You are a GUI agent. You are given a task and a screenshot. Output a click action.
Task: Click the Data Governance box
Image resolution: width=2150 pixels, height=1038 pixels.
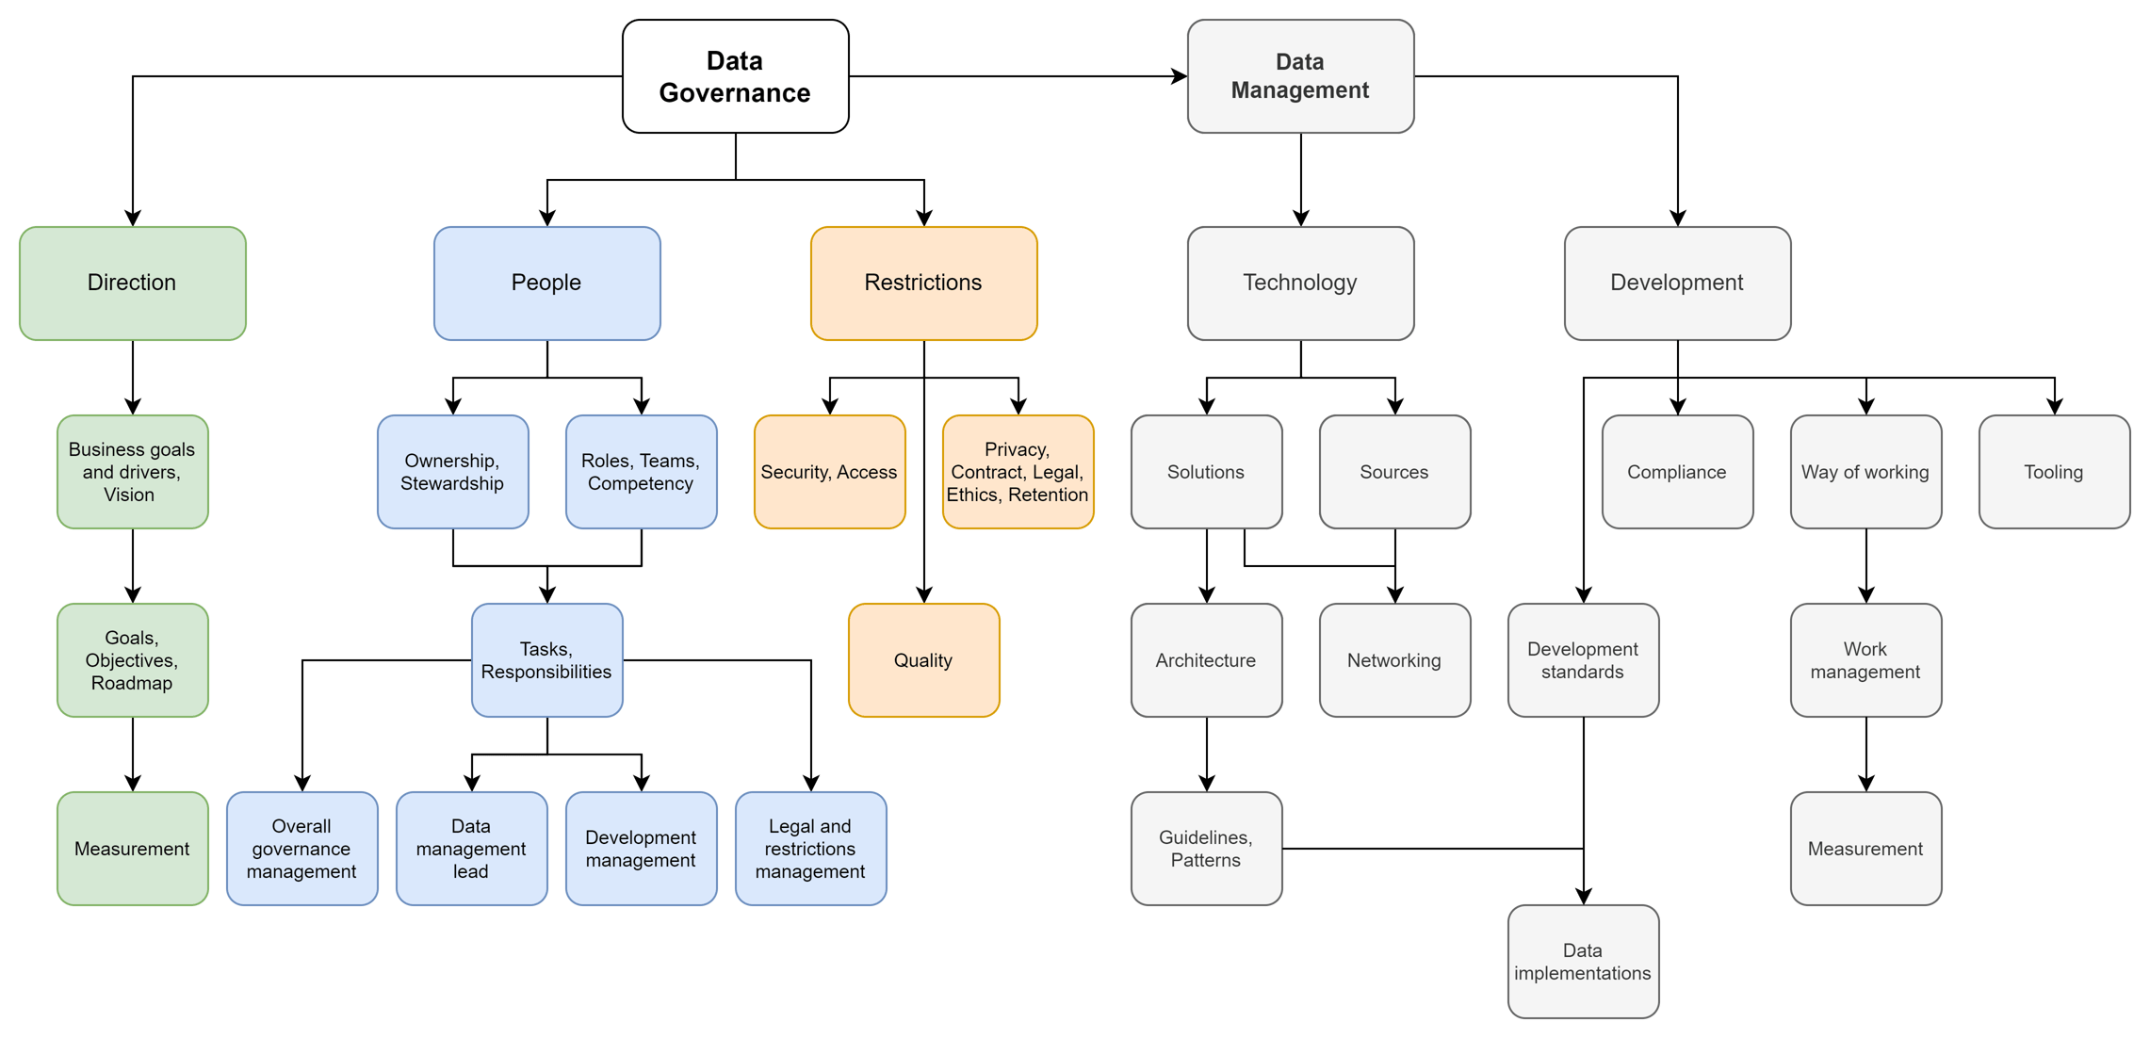click(735, 76)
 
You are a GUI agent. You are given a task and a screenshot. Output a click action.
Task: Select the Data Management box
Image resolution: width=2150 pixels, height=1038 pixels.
click(1300, 76)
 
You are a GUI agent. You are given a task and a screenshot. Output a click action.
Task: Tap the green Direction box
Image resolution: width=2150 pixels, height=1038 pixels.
click(132, 283)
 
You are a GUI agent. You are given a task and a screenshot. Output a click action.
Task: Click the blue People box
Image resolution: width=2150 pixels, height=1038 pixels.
click(546, 283)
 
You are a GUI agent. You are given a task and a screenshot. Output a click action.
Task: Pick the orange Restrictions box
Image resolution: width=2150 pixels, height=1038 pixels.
click(923, 283)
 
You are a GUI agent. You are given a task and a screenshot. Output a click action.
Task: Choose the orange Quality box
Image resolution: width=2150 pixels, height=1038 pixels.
click(923, 660)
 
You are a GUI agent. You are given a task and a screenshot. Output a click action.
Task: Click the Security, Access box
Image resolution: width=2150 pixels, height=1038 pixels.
click(829, 472)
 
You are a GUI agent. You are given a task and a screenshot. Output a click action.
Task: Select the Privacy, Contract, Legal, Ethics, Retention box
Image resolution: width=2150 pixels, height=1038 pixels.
click(1018, 472)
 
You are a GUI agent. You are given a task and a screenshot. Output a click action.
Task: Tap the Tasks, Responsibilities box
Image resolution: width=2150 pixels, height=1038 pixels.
click(546, 660)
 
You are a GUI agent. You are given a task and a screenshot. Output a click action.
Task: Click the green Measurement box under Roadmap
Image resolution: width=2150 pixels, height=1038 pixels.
click(132, 849)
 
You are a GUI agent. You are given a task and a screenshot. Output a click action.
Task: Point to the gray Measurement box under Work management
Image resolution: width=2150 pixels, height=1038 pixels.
click(1865, 849)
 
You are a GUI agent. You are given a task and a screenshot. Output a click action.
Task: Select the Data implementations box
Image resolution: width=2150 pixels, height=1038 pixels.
click(1583, 962)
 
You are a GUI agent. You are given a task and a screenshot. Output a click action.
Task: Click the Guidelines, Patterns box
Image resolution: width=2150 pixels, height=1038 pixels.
click(1206, 849)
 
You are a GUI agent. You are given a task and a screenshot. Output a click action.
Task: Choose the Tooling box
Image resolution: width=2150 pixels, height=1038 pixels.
click(2054, 472)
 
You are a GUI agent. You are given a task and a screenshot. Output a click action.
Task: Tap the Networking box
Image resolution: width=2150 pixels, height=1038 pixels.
click(1394, 660)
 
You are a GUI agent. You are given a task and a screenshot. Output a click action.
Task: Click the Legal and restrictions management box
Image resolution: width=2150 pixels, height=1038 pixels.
click(810, 849)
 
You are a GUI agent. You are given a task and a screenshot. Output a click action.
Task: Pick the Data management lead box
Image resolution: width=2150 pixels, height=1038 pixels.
click(471, 849)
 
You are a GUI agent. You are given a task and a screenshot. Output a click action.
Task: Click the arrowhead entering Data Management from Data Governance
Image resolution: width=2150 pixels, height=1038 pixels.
click(1179, 76)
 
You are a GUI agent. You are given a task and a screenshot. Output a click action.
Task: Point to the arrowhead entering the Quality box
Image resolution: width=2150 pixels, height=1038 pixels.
click(924, 593)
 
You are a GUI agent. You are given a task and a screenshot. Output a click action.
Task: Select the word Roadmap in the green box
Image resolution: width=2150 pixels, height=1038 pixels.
click(132, 683)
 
